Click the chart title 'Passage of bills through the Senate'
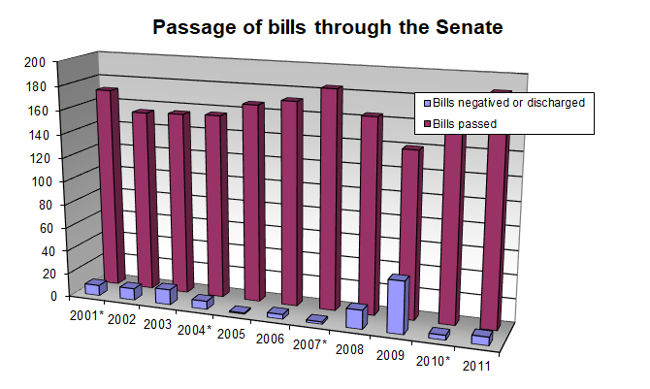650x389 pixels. (328, 28)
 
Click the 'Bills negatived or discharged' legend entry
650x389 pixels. (504, 102)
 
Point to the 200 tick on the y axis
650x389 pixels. (36, 63)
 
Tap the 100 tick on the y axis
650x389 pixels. (36, 181)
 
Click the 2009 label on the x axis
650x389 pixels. (393, 354)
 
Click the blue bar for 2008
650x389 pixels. (355, 316)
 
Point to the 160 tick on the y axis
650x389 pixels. (36, 111)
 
